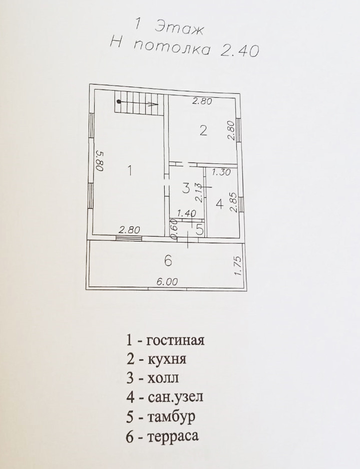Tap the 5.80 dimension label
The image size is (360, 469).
tap(99, 161)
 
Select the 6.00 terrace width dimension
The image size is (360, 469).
tap(167, 282)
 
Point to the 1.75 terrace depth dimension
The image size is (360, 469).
tap(237, 267)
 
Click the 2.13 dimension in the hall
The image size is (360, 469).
tap(199, 191)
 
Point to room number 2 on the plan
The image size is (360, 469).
tap(203, 131)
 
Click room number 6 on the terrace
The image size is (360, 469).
tap(168, 261)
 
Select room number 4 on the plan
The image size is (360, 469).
tap(219, 204)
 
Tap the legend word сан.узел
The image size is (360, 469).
tap(176, 398)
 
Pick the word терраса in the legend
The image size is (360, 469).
tap(173, 436)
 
